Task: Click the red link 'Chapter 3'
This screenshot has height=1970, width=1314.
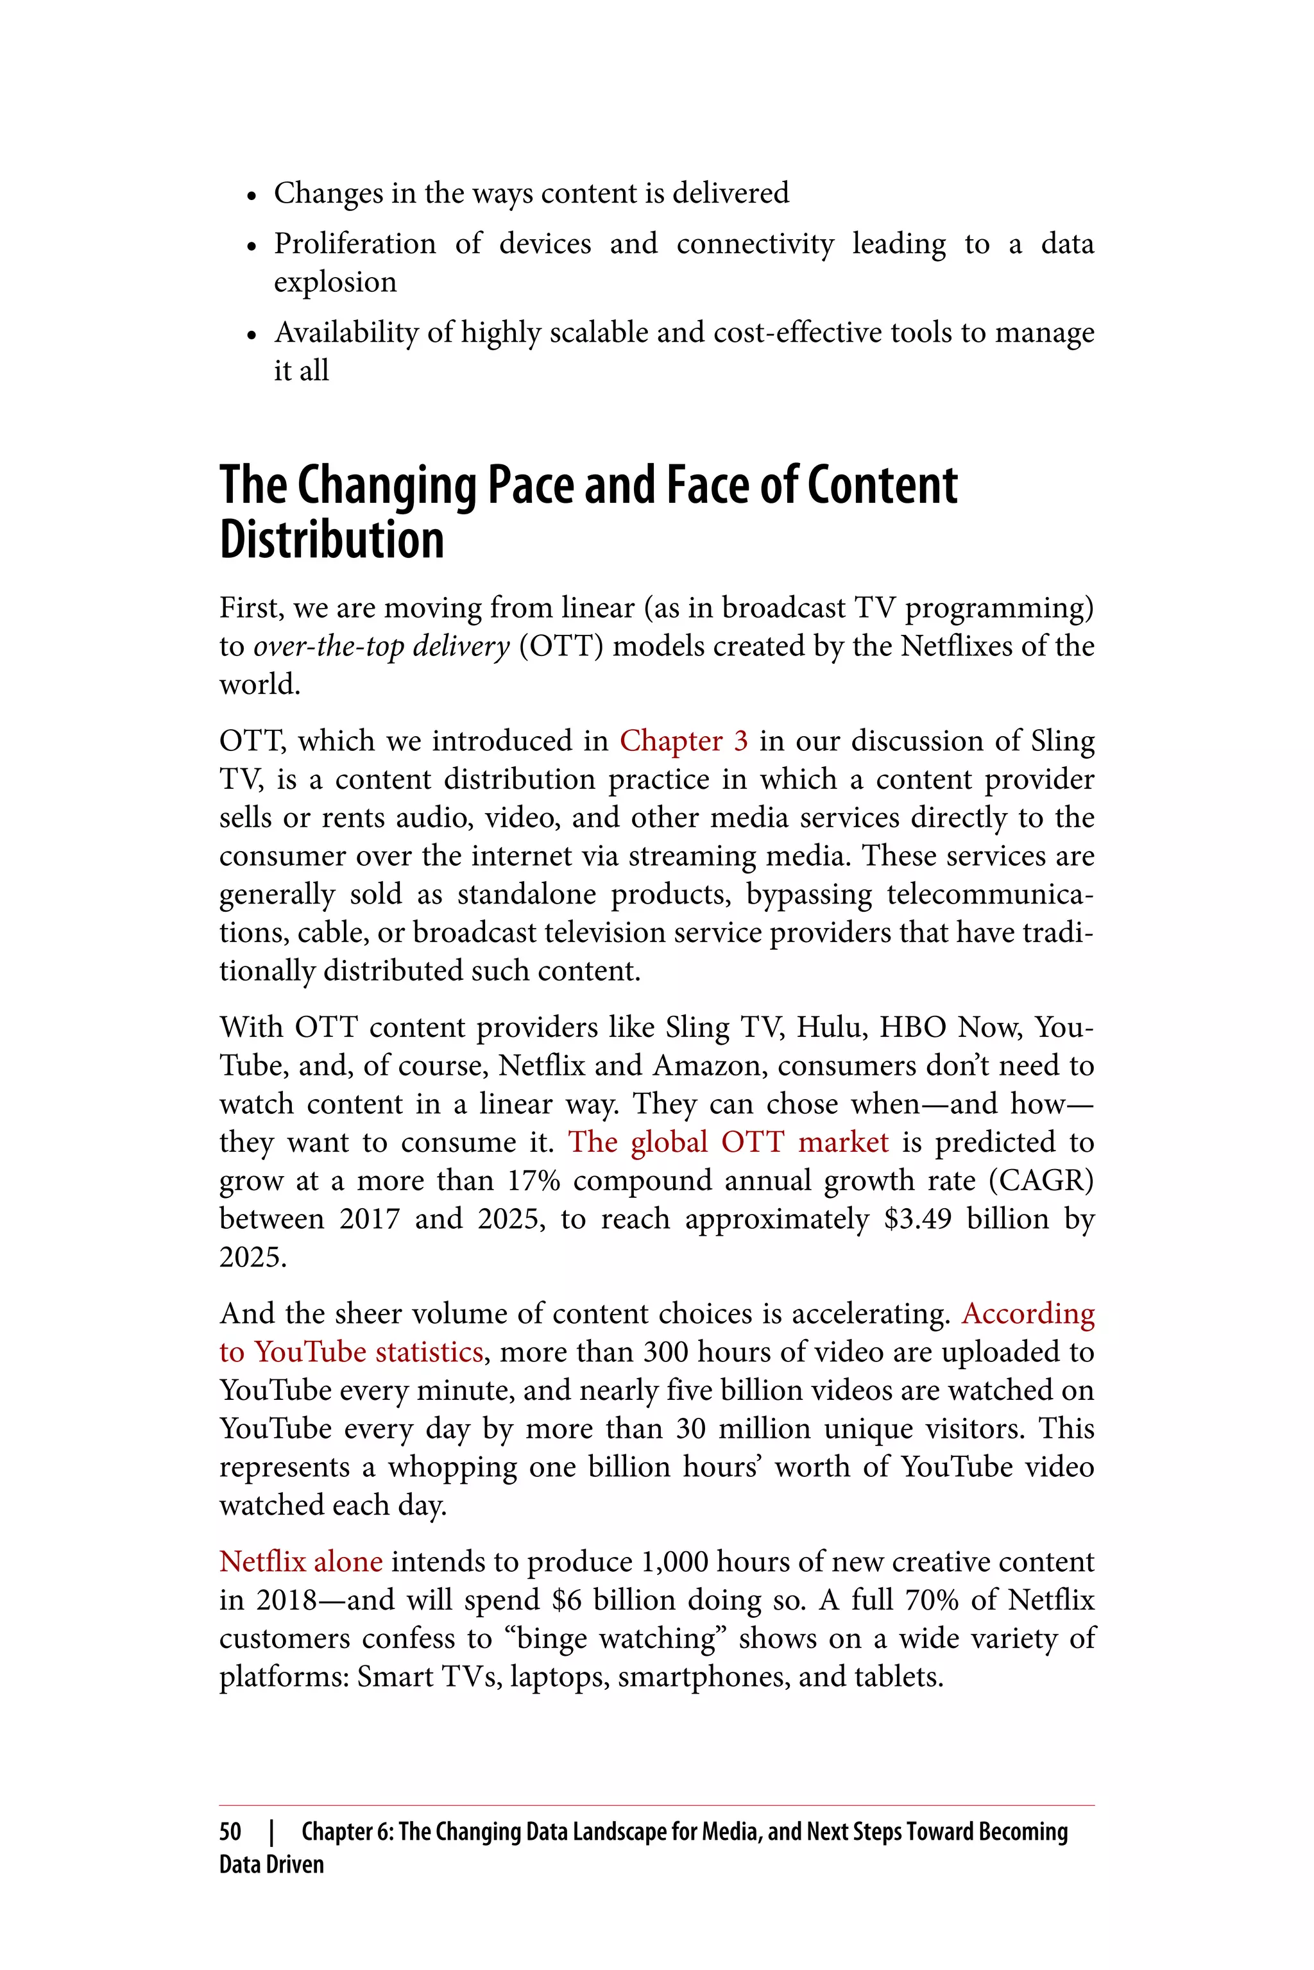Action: coord(683,741)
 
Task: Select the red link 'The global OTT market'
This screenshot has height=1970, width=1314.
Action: coord(728,1143)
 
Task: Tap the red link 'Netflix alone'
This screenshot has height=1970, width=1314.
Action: coord(301,1562)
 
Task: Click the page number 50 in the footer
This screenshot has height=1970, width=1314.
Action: coord(230,1831)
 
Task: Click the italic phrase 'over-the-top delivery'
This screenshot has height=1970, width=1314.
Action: coord(381,646)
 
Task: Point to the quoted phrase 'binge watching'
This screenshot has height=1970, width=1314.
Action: coord(617,1638)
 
